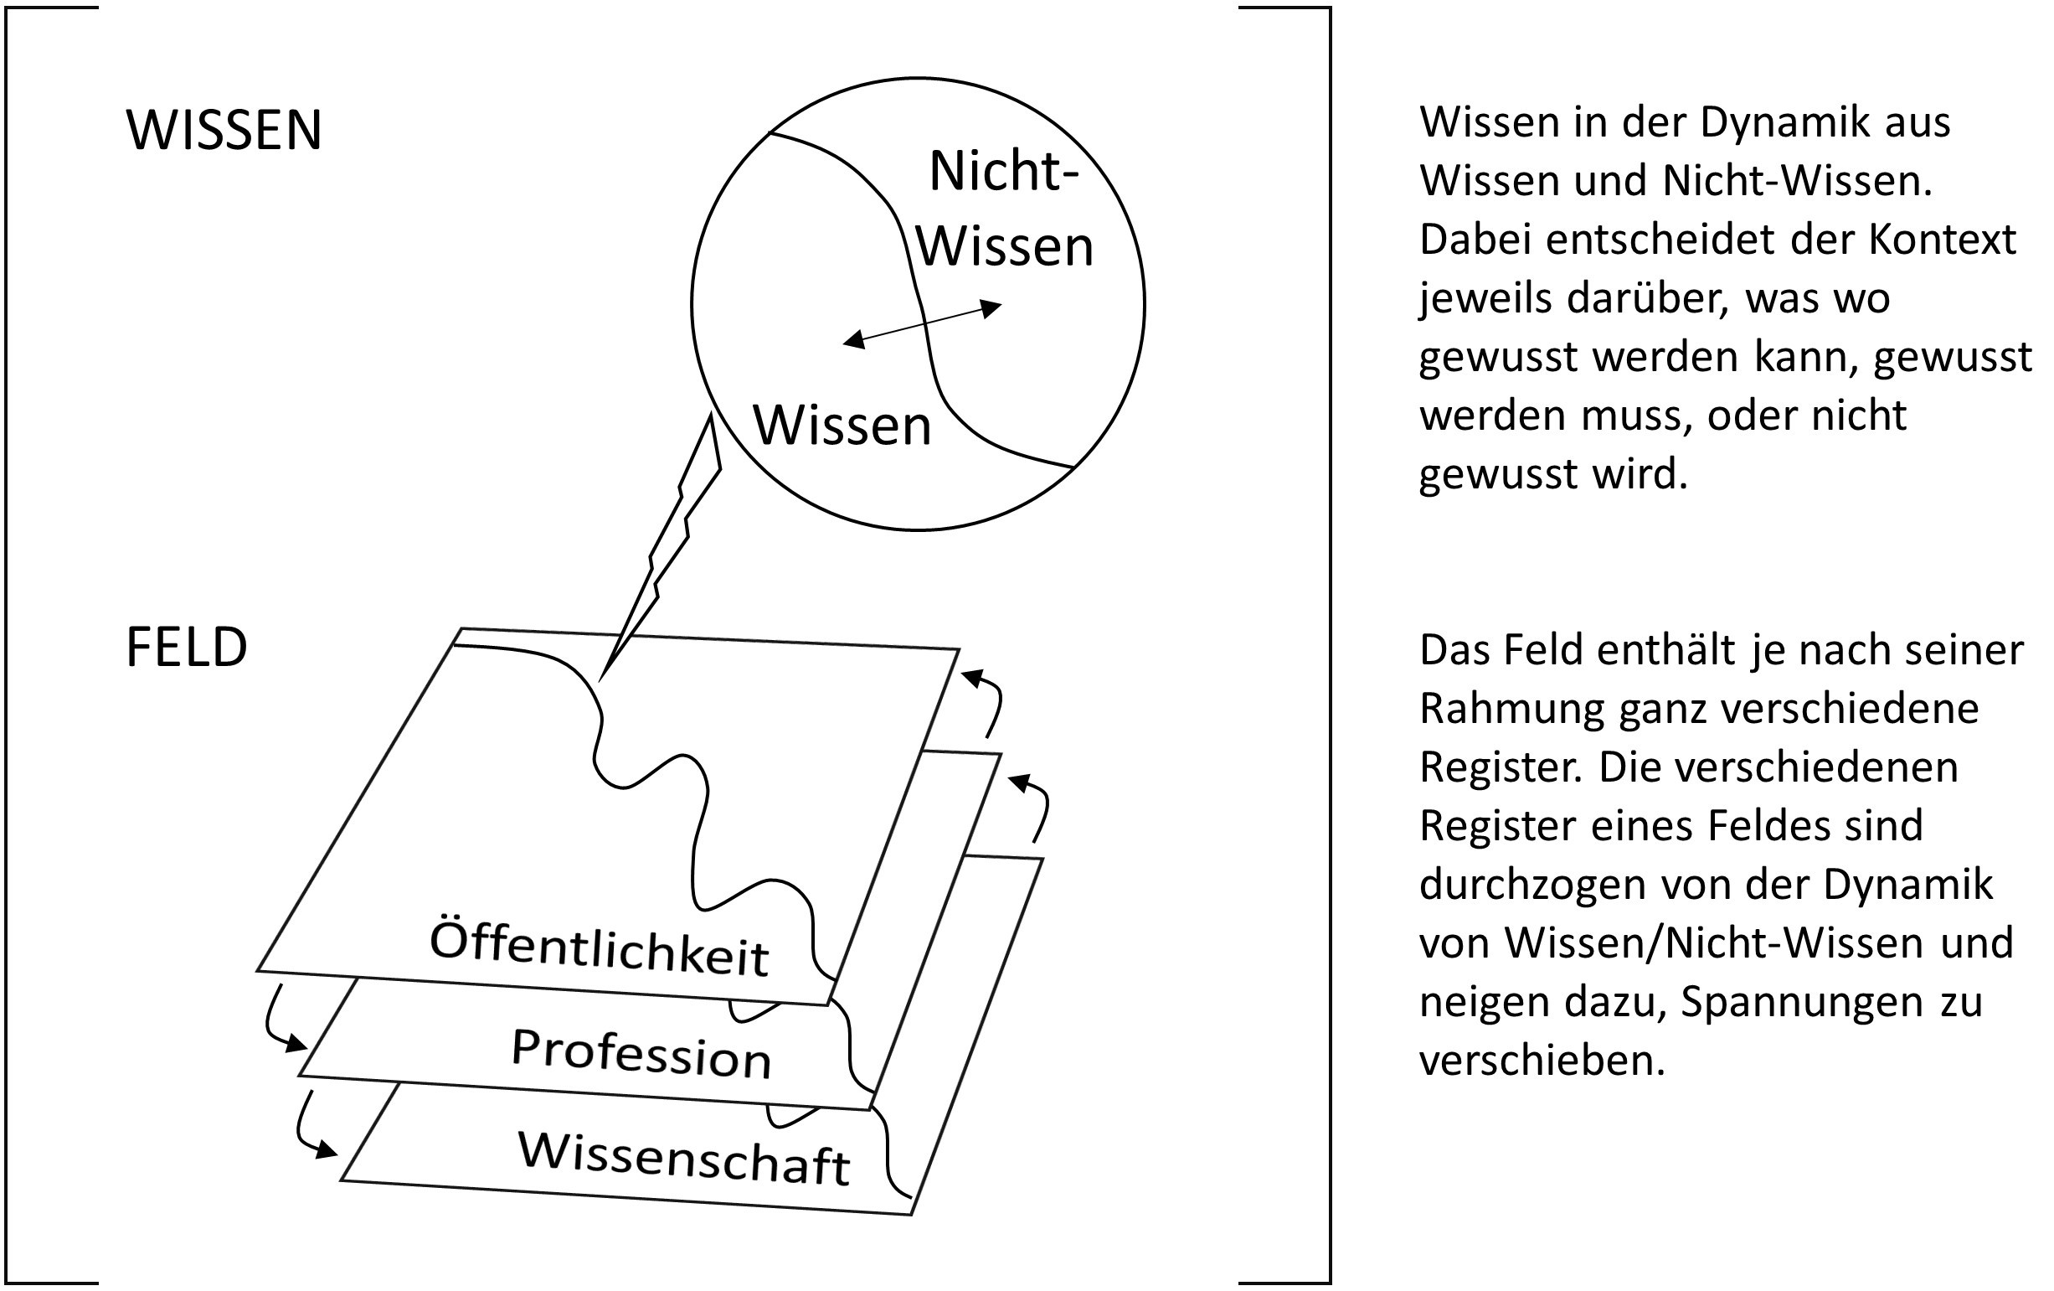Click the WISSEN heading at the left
coord(224,131)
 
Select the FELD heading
coord(187,648)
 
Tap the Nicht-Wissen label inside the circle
coord(1005,209)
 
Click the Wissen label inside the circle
coord(842,425)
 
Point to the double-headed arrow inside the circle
coord(922,323)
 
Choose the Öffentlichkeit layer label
coord(600,948)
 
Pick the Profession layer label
coord(641,1053)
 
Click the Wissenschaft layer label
coord(684,1158)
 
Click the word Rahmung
coord(1511,710)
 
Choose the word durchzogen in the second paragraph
coord(1533,886)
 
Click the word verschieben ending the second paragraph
coord(1542,1061)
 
